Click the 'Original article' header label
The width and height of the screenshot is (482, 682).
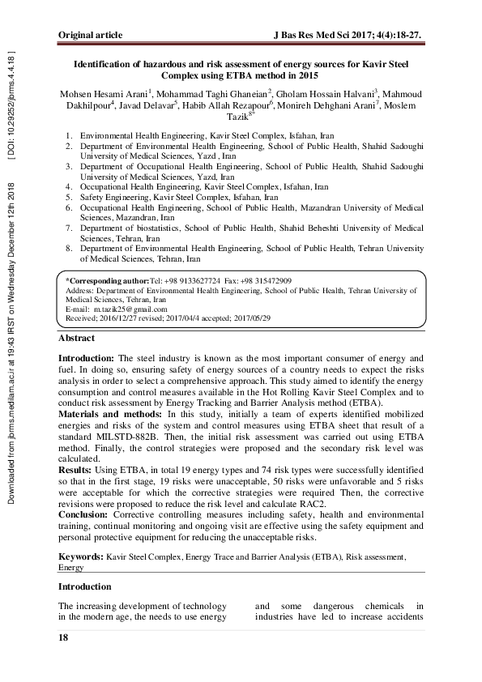tap(91, 35)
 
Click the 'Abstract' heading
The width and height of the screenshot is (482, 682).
tap(76, 338)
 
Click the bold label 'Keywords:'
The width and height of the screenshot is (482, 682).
tap(81, 558)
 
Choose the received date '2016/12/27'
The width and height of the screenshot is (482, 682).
tap(116, 318)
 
